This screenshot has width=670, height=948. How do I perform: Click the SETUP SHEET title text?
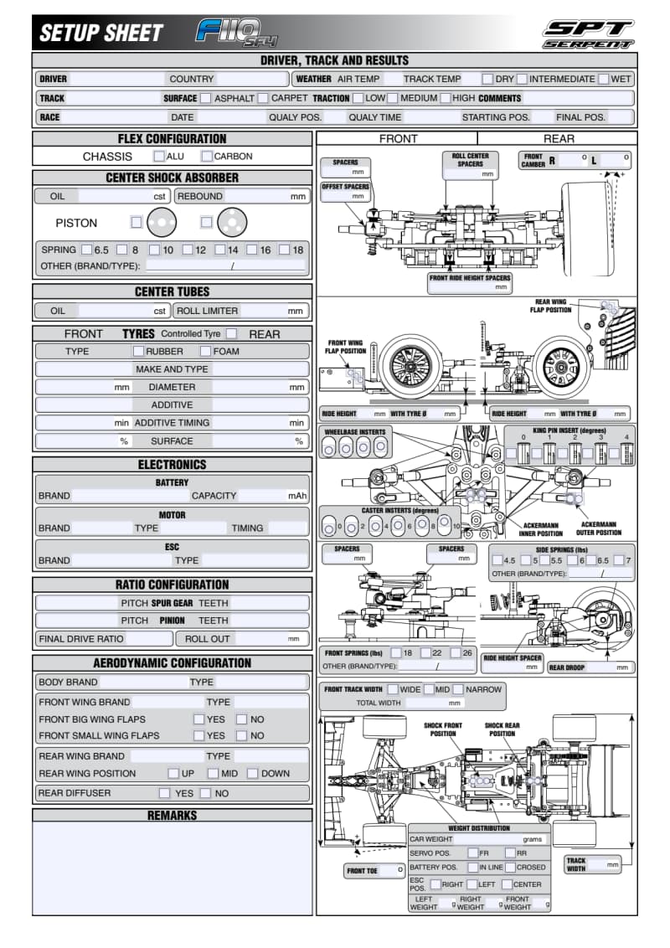pyautogui.click(x=100, y=33)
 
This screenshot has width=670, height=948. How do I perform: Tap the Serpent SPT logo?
pyautogui.click(x=588, y=33)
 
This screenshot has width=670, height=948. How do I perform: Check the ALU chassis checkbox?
pyautogui.click(x=159, y=156)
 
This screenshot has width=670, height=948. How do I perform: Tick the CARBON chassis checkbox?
pyautogui.click(x=207, y=156)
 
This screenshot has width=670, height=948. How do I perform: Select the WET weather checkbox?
pyautogui.click(x=604, y=79)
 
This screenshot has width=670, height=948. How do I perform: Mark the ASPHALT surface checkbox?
pyautogui.click(x=205, y=98)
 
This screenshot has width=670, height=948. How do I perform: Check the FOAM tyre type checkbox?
pyautogui.click(x=204, y=351)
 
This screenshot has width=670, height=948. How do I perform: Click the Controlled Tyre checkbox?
pyautogui.click(x=232, y=333)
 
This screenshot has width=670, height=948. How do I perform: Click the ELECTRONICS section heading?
pyautogui.click(x=172, y=464)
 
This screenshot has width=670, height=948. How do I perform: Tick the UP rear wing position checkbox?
pyautogui.click(x=173, y=774)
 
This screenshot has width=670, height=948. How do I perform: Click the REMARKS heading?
pyautogui.click(x=172, y=815)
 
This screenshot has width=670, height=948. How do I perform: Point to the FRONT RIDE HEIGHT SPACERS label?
pyautogui.click(x=470, y=278)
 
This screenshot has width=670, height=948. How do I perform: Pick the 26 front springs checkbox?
pyautogui.click(x=456, y=652)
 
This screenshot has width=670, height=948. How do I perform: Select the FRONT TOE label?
pyautogui.click(x=362, y=871)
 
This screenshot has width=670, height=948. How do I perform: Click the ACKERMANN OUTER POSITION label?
pyautogui.click(x=598, y=528)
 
